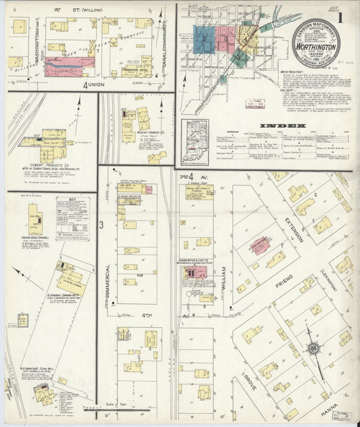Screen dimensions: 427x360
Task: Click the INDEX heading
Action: (279, 126)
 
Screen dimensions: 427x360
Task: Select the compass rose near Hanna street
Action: (314, 349)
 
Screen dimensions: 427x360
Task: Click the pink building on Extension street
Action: (259, 246)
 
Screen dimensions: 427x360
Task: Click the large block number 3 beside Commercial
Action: (102, 224)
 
